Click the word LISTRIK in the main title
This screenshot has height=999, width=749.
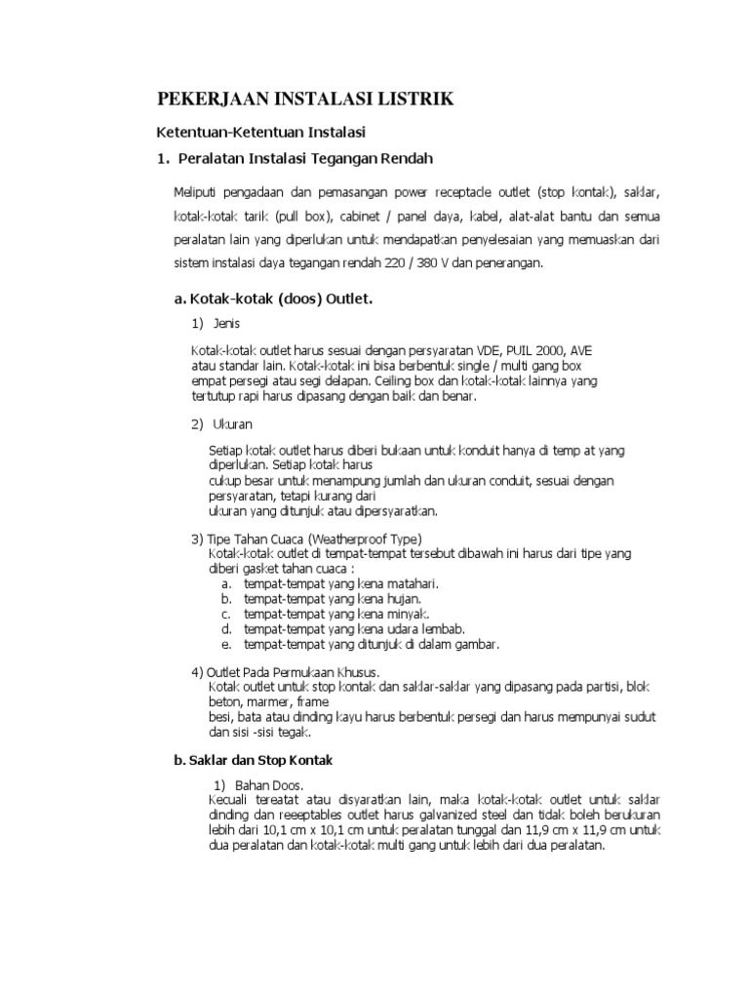pyautogui.click(x=401, y=99)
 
